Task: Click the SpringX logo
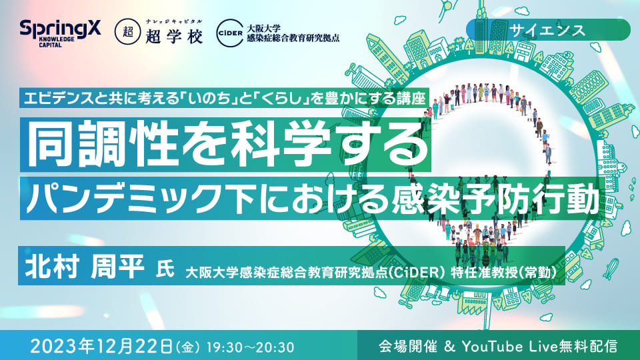60,33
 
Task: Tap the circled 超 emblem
128,32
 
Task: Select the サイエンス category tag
547,30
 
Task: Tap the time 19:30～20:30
250,347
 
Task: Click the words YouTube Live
509,347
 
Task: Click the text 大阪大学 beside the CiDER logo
263,28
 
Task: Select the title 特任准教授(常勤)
503,272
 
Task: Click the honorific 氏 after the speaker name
165,270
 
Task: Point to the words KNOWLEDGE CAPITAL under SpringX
57,41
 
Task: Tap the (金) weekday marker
188,348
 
